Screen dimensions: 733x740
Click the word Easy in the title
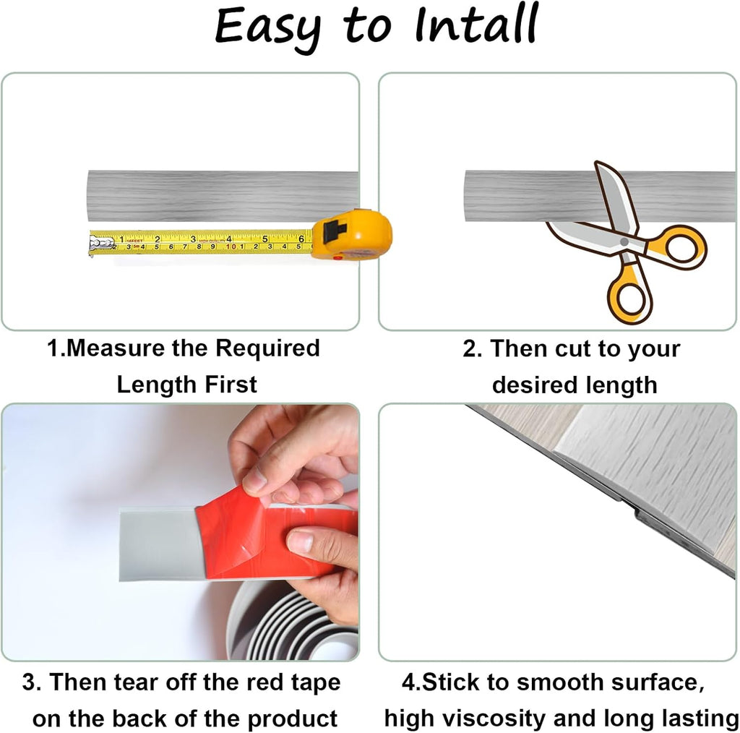269,27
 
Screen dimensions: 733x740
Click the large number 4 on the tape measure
229,239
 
